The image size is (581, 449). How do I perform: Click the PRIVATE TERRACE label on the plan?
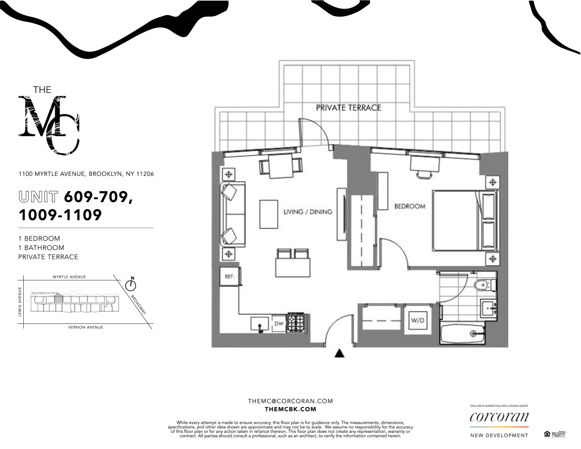click(x=348, y=108)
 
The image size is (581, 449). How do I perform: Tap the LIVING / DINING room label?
click(x=308, y=211)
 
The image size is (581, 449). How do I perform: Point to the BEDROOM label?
click(x=409, y=207)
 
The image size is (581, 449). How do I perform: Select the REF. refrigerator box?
click(x=230, y=277)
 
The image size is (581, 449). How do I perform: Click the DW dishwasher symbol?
click(x=279, y=323)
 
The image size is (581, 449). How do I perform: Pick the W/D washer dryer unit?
click(x=418, y=321)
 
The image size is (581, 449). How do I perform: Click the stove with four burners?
click(x=296, y=323)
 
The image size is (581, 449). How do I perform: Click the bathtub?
click(x=462, y=334)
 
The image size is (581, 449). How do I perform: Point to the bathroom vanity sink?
click(x=488, y=309)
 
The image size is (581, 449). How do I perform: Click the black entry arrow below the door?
click(x=339, y=353)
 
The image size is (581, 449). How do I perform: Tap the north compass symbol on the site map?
click(x=131, y=285)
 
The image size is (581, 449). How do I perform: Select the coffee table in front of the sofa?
click(x=268, y=214)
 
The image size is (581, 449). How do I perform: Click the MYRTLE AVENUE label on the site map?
click(x=69, y=277)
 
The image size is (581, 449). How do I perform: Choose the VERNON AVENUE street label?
click(x=85, y=327)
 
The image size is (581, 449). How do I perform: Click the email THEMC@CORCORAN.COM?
click(x=290, y=401)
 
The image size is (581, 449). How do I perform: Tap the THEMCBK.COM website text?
click(x=290, y=409)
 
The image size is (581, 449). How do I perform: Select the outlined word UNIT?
click(x=38, y=197)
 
